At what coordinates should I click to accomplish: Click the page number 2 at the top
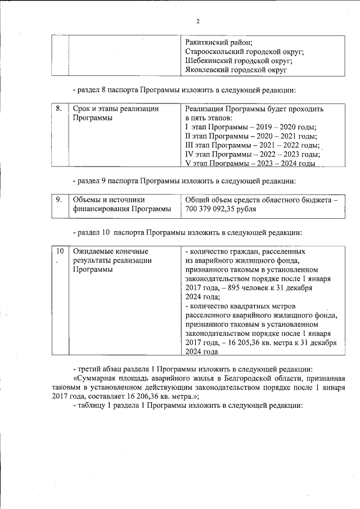click(197, 21)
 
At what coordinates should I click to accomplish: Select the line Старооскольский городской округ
click(244, 52)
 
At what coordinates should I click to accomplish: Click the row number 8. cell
click(59, 108)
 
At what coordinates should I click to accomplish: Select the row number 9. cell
click(59, 199)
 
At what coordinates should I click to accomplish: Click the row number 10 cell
click(60, 251)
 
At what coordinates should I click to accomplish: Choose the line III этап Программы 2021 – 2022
click(252, 145)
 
